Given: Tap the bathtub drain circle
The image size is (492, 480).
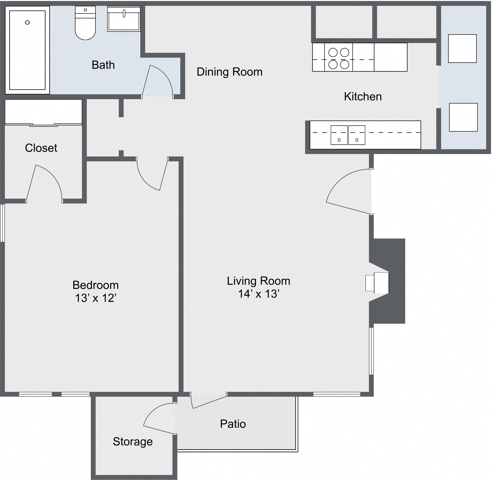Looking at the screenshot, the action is [x=28, y=23].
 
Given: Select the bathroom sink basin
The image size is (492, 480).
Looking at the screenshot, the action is [x=124, y=19].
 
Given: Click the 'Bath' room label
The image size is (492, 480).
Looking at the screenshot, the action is [x=103, y=65].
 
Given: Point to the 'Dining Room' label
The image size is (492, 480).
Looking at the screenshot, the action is [x=229, y=72].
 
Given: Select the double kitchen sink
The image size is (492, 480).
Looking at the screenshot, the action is [x=348, y=135].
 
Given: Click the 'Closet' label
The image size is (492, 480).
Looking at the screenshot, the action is [x=41, y=148].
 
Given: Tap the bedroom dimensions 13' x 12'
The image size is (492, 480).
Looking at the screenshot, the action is [x=95, y=298].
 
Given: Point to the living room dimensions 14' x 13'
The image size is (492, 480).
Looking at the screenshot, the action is [x=258, y=294].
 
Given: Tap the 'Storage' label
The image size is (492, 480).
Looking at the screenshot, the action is [x=133, y=441].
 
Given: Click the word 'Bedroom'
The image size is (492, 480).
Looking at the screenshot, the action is [x=95, y=285].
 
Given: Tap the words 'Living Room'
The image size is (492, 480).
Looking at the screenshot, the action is [x=258, y=281].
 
